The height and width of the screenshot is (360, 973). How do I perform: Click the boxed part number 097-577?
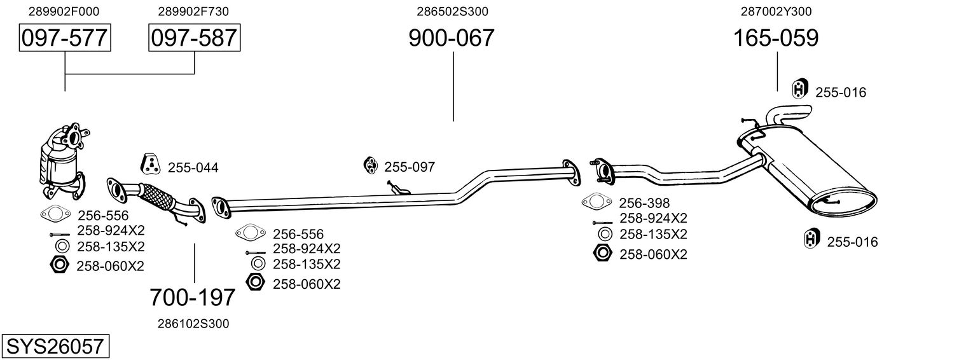click(x=65, y=38)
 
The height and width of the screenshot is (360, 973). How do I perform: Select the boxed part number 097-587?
click(x=194, y=38)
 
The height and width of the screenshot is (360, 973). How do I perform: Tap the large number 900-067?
click(x=452, y=38)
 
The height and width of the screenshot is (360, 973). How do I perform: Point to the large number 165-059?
click(x=776, y=38)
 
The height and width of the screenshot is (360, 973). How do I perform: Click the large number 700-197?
click(x=193, y=298)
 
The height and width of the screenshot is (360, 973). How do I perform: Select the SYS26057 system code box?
click(x=55, y=346)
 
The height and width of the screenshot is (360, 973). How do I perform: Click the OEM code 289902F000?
click(x=64, y=11)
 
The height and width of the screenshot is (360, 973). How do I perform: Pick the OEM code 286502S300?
click(x=453, y=11)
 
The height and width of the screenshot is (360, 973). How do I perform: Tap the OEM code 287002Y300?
click(x=776, y=11)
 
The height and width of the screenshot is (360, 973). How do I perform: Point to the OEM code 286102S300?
click(x=193, y=324)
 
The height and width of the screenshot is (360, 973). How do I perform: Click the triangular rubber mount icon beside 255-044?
click(x=150, y=163)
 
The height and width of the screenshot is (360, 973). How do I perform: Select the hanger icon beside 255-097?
click(x=371, y=165)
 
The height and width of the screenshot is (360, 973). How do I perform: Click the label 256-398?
click(x=644, y=203)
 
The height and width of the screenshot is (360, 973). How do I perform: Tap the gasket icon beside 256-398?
click(x=597, y=201)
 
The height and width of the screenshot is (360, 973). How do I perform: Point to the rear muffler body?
click(x=808, y=172)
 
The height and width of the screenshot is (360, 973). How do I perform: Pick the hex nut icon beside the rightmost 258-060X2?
click(x=602, y=253)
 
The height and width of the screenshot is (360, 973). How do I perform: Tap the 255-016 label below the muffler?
click(x=852, y=242)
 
